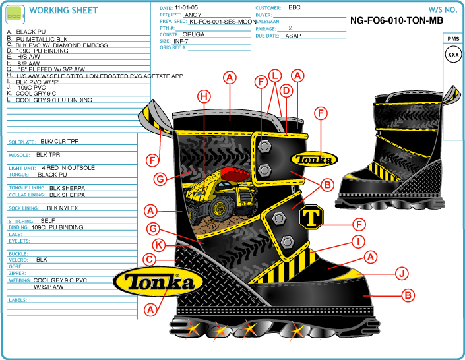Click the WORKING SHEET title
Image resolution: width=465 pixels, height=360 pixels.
[x=64, y=11]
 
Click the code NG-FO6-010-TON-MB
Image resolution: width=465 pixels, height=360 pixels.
[x=396, y=20]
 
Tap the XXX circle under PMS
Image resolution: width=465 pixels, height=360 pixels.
[x=453, y=55]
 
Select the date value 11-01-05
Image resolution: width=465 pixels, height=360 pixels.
[x=187, y=7]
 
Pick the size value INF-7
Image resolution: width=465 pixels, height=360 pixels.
[x=181, y=41]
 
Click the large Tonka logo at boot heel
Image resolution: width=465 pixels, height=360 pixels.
[x=155, y=283]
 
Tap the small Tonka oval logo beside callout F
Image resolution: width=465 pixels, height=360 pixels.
[x=314, y=159]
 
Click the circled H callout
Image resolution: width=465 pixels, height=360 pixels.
[x=204, y=97]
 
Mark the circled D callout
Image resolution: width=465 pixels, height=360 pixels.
[x=286, y=90]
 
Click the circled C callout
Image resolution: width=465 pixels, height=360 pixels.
[x=150, y=260]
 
